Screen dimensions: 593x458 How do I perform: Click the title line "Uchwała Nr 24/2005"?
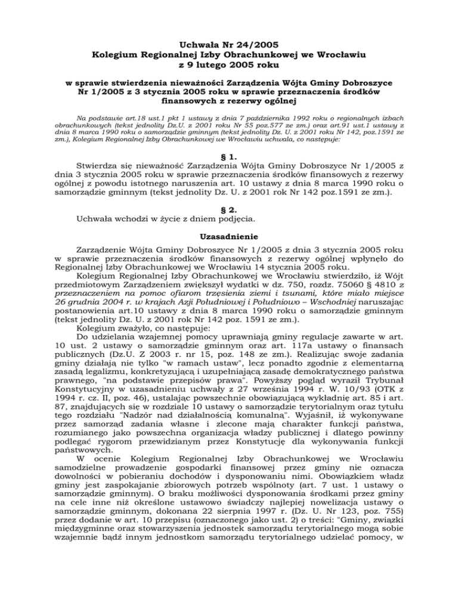(228, 42)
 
